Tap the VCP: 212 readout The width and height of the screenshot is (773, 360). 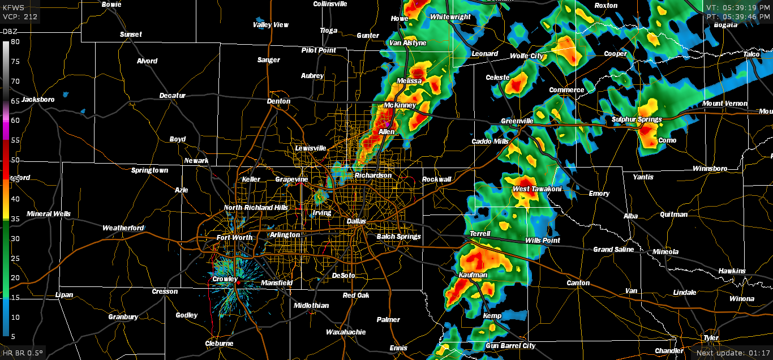(x=20, y=16)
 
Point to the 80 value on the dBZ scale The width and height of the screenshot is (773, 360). (x=15, y=42)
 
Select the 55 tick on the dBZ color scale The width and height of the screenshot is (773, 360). (x=15, y=140)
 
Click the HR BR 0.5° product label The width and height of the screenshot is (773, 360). (x=23, y=353)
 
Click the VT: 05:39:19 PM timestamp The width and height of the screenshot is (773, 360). (x=738, y=7)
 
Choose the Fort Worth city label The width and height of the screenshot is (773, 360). (x=234, y=238)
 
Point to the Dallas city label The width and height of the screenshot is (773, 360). (x=357, y=221)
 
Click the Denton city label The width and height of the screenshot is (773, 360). (x=278, y=101)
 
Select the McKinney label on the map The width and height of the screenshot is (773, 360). (x=400, y=106)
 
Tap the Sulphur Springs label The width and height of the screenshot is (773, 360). (x=637, y=119)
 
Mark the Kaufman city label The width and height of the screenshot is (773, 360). (x=473, y=275)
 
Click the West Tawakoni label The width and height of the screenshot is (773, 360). (x=536, y=189)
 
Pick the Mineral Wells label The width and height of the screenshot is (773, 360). (x=49, y=214)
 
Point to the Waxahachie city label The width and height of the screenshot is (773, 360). (x=346, y=332)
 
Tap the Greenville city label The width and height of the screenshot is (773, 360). (x=517, y=121)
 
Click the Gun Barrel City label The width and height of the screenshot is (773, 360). (x=510, y=346)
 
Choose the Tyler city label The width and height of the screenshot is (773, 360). (x=711, y=338)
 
